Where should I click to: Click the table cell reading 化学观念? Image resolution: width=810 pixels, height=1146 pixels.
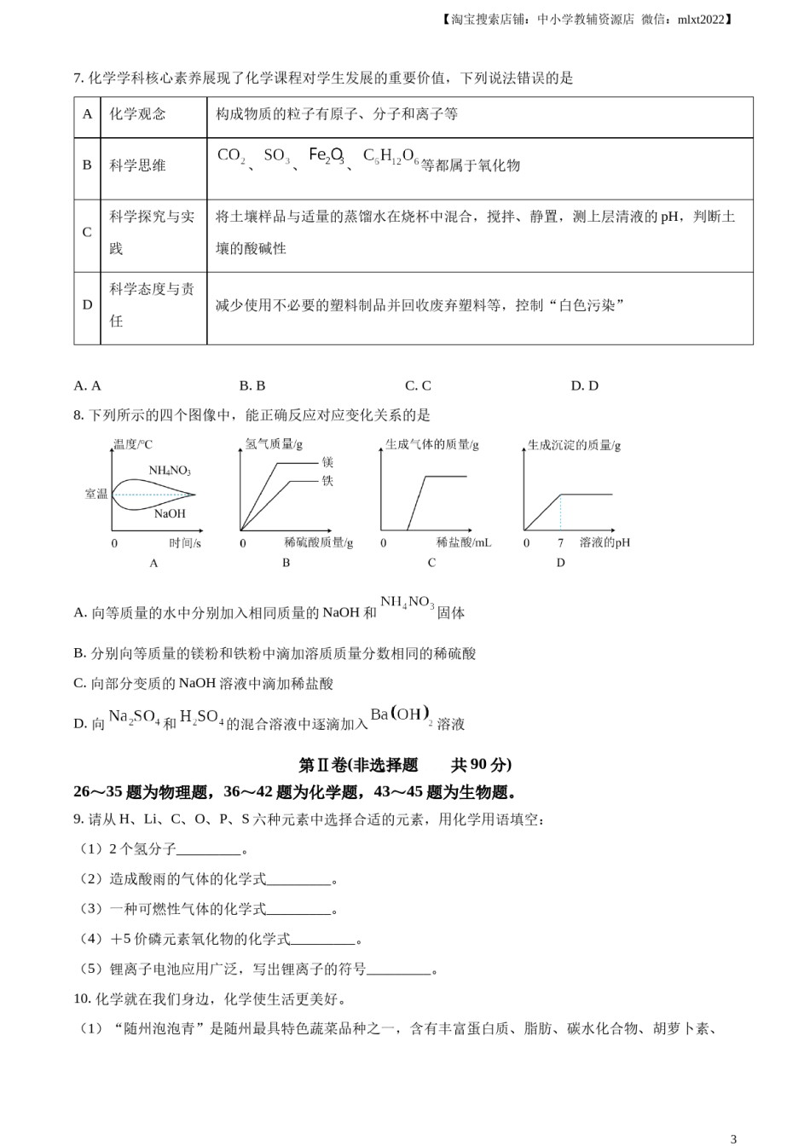(x=137, y=114)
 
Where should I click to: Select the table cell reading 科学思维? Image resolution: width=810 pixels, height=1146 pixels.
(x=137, y=165)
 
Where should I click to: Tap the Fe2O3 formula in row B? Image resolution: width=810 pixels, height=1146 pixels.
(x=327, y=156)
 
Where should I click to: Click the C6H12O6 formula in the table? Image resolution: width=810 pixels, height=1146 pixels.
(x=391, y=156)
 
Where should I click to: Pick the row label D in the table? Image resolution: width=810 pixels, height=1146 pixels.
(x=87, y=304)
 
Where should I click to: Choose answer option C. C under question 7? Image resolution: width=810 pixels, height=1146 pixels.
(x=418, y=385)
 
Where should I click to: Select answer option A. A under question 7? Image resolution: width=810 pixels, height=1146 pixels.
(x=88, y=385)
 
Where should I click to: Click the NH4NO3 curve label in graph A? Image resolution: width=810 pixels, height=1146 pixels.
(x=170, y=471)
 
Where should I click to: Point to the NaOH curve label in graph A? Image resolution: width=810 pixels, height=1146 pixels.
(x=170, y=513)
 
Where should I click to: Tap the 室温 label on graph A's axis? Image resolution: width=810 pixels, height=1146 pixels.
(x=96, y=494)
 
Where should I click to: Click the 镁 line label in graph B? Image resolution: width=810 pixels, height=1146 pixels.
(x=327, y=462)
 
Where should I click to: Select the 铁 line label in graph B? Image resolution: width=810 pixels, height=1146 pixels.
(x=327, y=481)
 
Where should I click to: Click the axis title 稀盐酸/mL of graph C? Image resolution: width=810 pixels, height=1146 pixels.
(x=464, y=542)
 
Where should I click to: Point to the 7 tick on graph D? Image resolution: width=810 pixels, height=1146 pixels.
(x=560, y=542)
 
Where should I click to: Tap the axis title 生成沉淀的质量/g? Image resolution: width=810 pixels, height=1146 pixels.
(x=574, y=445)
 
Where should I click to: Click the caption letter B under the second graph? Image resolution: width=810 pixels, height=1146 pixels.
(x=286, y=563)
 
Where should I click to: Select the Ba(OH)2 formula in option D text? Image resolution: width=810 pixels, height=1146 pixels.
(x=402, y=715)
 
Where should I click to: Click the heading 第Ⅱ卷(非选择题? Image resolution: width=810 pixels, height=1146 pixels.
(x=359, y=765)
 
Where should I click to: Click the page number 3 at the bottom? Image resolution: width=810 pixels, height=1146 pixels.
(x=733, y=1138)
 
